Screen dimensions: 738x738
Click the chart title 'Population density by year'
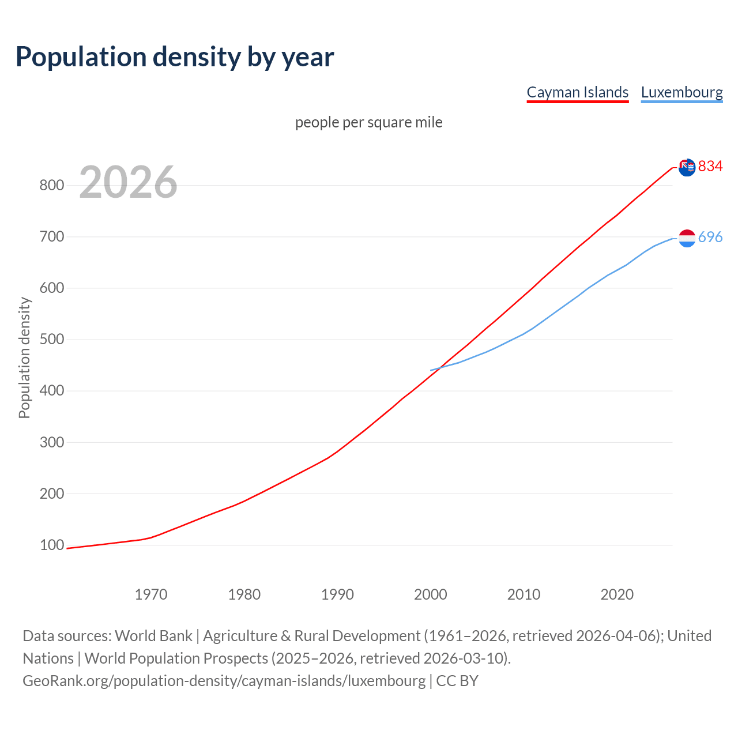coord(175,57)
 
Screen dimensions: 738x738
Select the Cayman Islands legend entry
coord(577,92)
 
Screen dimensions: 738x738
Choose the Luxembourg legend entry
coord(681,92)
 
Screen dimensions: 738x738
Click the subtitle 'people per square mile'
coord(369,122)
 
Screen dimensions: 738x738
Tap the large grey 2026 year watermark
coord(128,182)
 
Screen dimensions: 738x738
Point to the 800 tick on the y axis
coord(51,185)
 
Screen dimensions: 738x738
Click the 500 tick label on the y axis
coord(51,340)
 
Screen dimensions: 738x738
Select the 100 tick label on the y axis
coord(51,545)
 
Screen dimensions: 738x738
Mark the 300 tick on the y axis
coord(51,442)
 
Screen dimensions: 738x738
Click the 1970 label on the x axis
coord(151,594)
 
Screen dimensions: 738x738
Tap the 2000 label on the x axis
coord(431,594)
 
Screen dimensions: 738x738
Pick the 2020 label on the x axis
coord(617,594)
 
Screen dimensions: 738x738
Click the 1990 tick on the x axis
coord(337,594)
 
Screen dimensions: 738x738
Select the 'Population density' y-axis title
coord(24,357)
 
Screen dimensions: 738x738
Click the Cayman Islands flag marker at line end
coord(687,168)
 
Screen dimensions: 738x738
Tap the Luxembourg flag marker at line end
coord(687,238)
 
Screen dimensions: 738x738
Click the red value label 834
coord(710,167)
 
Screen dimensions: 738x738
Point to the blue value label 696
coord(710,238)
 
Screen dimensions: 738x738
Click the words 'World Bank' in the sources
coord(153,635)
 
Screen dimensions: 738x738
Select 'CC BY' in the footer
coord(457,680)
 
